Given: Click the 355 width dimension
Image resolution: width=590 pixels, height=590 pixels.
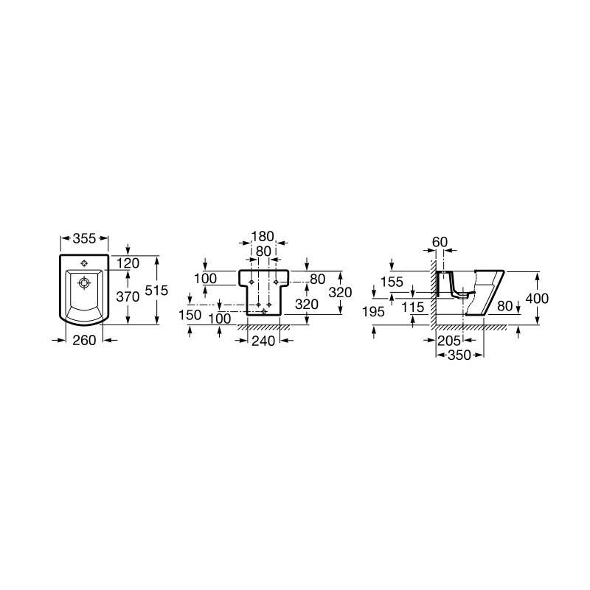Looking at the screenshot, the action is (84, 238).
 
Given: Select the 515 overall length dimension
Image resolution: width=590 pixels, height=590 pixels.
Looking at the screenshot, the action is (156, 290).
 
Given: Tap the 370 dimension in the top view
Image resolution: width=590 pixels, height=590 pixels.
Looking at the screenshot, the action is (128, 296).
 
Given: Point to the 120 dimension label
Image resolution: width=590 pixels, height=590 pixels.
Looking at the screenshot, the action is (128, 263).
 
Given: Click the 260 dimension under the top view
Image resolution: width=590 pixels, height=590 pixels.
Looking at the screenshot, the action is (84, 340).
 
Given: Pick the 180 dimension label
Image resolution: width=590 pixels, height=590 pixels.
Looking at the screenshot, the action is (263, 237).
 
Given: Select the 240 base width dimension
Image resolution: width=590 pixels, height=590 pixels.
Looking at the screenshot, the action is (263, 341).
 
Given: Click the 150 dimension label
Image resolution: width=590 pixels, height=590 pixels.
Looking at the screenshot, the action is (190, 315).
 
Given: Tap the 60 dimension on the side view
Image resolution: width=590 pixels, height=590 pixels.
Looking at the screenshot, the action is (440, 242).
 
